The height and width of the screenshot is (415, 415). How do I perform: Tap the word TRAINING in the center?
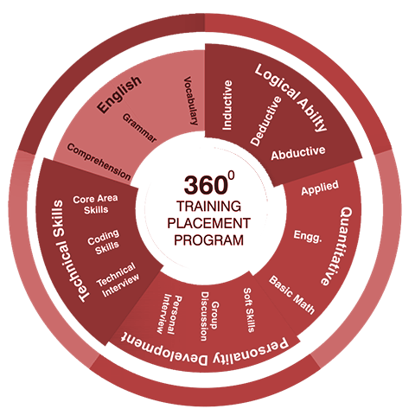(208, 207)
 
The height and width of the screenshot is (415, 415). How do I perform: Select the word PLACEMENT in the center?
(208, 223)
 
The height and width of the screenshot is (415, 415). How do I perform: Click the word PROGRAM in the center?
(208, 240)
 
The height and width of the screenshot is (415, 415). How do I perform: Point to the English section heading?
(119, 94)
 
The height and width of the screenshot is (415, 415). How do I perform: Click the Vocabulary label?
(191, 101)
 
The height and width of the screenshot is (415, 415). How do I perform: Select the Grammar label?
(139, 128)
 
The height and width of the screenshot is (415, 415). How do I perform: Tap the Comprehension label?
(99, 162)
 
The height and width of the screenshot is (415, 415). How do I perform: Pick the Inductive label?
(227, 105)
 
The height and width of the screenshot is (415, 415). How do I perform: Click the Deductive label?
(265, 121)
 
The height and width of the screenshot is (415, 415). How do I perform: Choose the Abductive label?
(298, 153)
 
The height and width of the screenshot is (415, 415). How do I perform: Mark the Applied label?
(320, 188)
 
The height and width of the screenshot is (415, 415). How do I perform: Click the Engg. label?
(308, 236)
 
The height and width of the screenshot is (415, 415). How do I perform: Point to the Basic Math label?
(291, 295)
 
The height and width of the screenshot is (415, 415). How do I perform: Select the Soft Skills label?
(249, 310)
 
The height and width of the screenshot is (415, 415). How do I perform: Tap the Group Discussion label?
(210, 316)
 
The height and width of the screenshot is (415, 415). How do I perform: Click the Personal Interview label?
(169, 314)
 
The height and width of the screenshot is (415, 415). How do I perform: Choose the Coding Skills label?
(104, 242)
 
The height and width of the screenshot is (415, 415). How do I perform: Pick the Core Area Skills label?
(95, 204)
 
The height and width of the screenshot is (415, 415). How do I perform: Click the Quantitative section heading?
(337, 246)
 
